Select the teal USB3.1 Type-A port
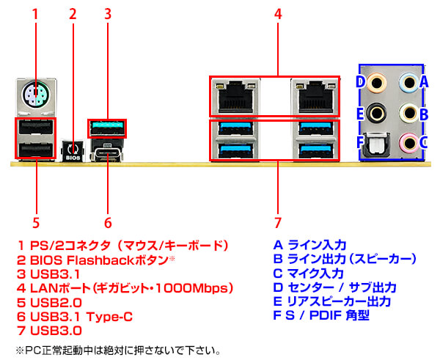pyautogui.click(x=107, y=128)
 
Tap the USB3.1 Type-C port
pyautogui.click(x=107, y=154)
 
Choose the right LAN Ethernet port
pyautogui.click(x=315, y=95)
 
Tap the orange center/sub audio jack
pyautogui.click(x=377, y=82)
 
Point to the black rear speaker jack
pyautogui.click(x=377, y=113)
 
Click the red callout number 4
pyautogui.click(x=278, y=14)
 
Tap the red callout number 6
pyautogui.click(x=107, y=221)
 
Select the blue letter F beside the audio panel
pyautogui.click(x=359, y=142)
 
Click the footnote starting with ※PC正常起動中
pyautogui.click(x=117, y=350)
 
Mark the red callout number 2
pyautogui.click(x=72, y=14)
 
